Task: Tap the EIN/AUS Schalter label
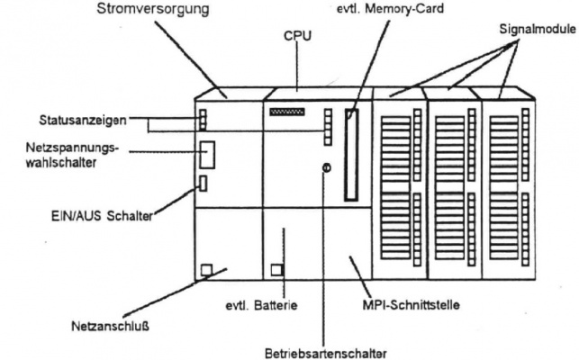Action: click(x=98, y=216)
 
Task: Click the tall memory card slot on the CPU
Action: click(x=351, y=154)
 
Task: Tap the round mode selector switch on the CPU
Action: click(x=326, y=168)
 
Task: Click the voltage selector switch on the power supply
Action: click(x=208, y=154)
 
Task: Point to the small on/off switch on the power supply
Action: click(x=203, y=184)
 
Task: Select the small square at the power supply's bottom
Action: click(x=205, y=269)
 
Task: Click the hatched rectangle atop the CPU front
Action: click(x=287, y=112)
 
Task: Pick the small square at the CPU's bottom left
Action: click(x=276, y=269)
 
